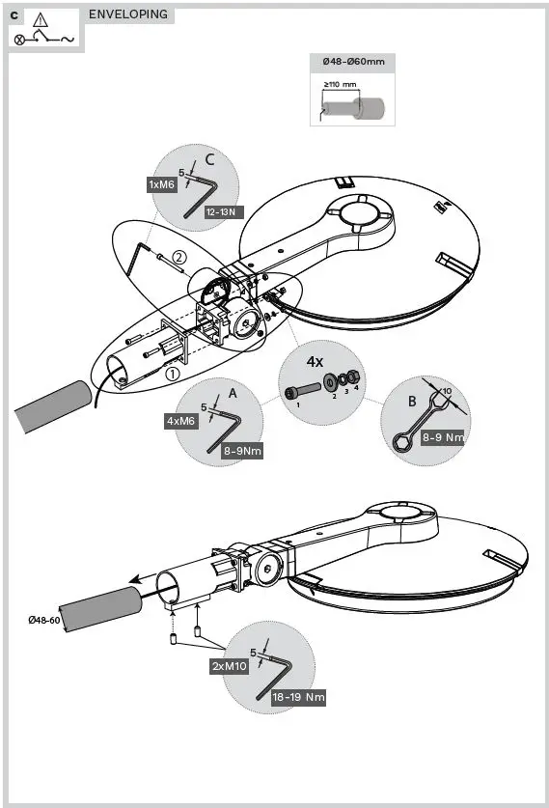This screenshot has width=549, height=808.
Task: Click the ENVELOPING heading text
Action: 128,14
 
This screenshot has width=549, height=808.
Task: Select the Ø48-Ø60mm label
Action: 353,62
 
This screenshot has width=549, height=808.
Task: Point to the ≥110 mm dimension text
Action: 340,84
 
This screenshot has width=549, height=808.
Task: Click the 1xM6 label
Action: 161,184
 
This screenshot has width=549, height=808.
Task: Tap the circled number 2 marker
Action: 178,257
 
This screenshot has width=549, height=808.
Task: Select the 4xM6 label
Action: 181,421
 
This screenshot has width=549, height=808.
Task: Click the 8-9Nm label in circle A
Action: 241,450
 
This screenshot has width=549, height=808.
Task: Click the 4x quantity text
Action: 315,361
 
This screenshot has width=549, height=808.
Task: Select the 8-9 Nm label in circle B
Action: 443,437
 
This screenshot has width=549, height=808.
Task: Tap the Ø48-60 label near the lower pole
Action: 43,619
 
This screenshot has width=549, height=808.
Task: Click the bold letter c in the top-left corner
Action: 14,14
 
